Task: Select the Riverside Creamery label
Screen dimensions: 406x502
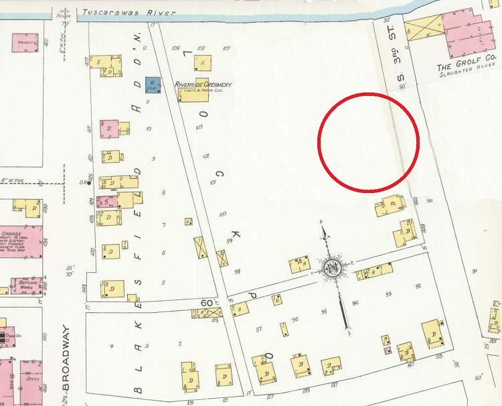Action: click(x=203, y=84)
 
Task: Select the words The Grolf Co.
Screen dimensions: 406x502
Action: click(x=467, y=67)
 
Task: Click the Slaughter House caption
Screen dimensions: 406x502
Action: click(x=467, y=75)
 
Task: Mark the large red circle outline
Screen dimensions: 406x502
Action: click(x=368, y=141)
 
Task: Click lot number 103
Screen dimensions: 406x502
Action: click(x=199, y=127)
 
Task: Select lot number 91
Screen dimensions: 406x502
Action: click(x=474, y=271)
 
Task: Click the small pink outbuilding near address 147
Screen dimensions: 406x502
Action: click(x=386, y=350)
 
